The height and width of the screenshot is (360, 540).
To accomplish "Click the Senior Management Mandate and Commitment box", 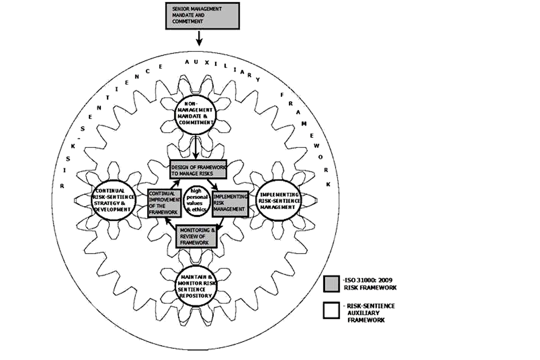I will (202, 16).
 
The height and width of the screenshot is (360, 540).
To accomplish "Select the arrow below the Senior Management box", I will (199, 38).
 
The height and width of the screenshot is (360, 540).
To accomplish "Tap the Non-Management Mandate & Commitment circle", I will (195, 115).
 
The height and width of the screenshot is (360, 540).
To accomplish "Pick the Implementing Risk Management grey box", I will (230, 203).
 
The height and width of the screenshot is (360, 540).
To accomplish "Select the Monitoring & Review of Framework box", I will (196, 236).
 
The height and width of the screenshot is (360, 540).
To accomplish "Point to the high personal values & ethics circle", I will (196, 200).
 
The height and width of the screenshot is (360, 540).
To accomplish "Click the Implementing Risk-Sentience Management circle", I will (279, 200).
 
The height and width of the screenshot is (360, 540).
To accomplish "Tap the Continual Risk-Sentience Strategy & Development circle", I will (114, 200).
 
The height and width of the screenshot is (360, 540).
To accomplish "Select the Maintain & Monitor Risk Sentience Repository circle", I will (195, 286).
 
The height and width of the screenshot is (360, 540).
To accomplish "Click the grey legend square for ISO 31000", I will (332, 284).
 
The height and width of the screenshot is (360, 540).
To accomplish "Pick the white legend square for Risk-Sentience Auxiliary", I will (332, 310).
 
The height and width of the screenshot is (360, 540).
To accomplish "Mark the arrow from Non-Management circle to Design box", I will (195, 148).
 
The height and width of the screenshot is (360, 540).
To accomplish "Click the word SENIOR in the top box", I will (180, 9).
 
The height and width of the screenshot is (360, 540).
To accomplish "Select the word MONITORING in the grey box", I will (195, 230).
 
